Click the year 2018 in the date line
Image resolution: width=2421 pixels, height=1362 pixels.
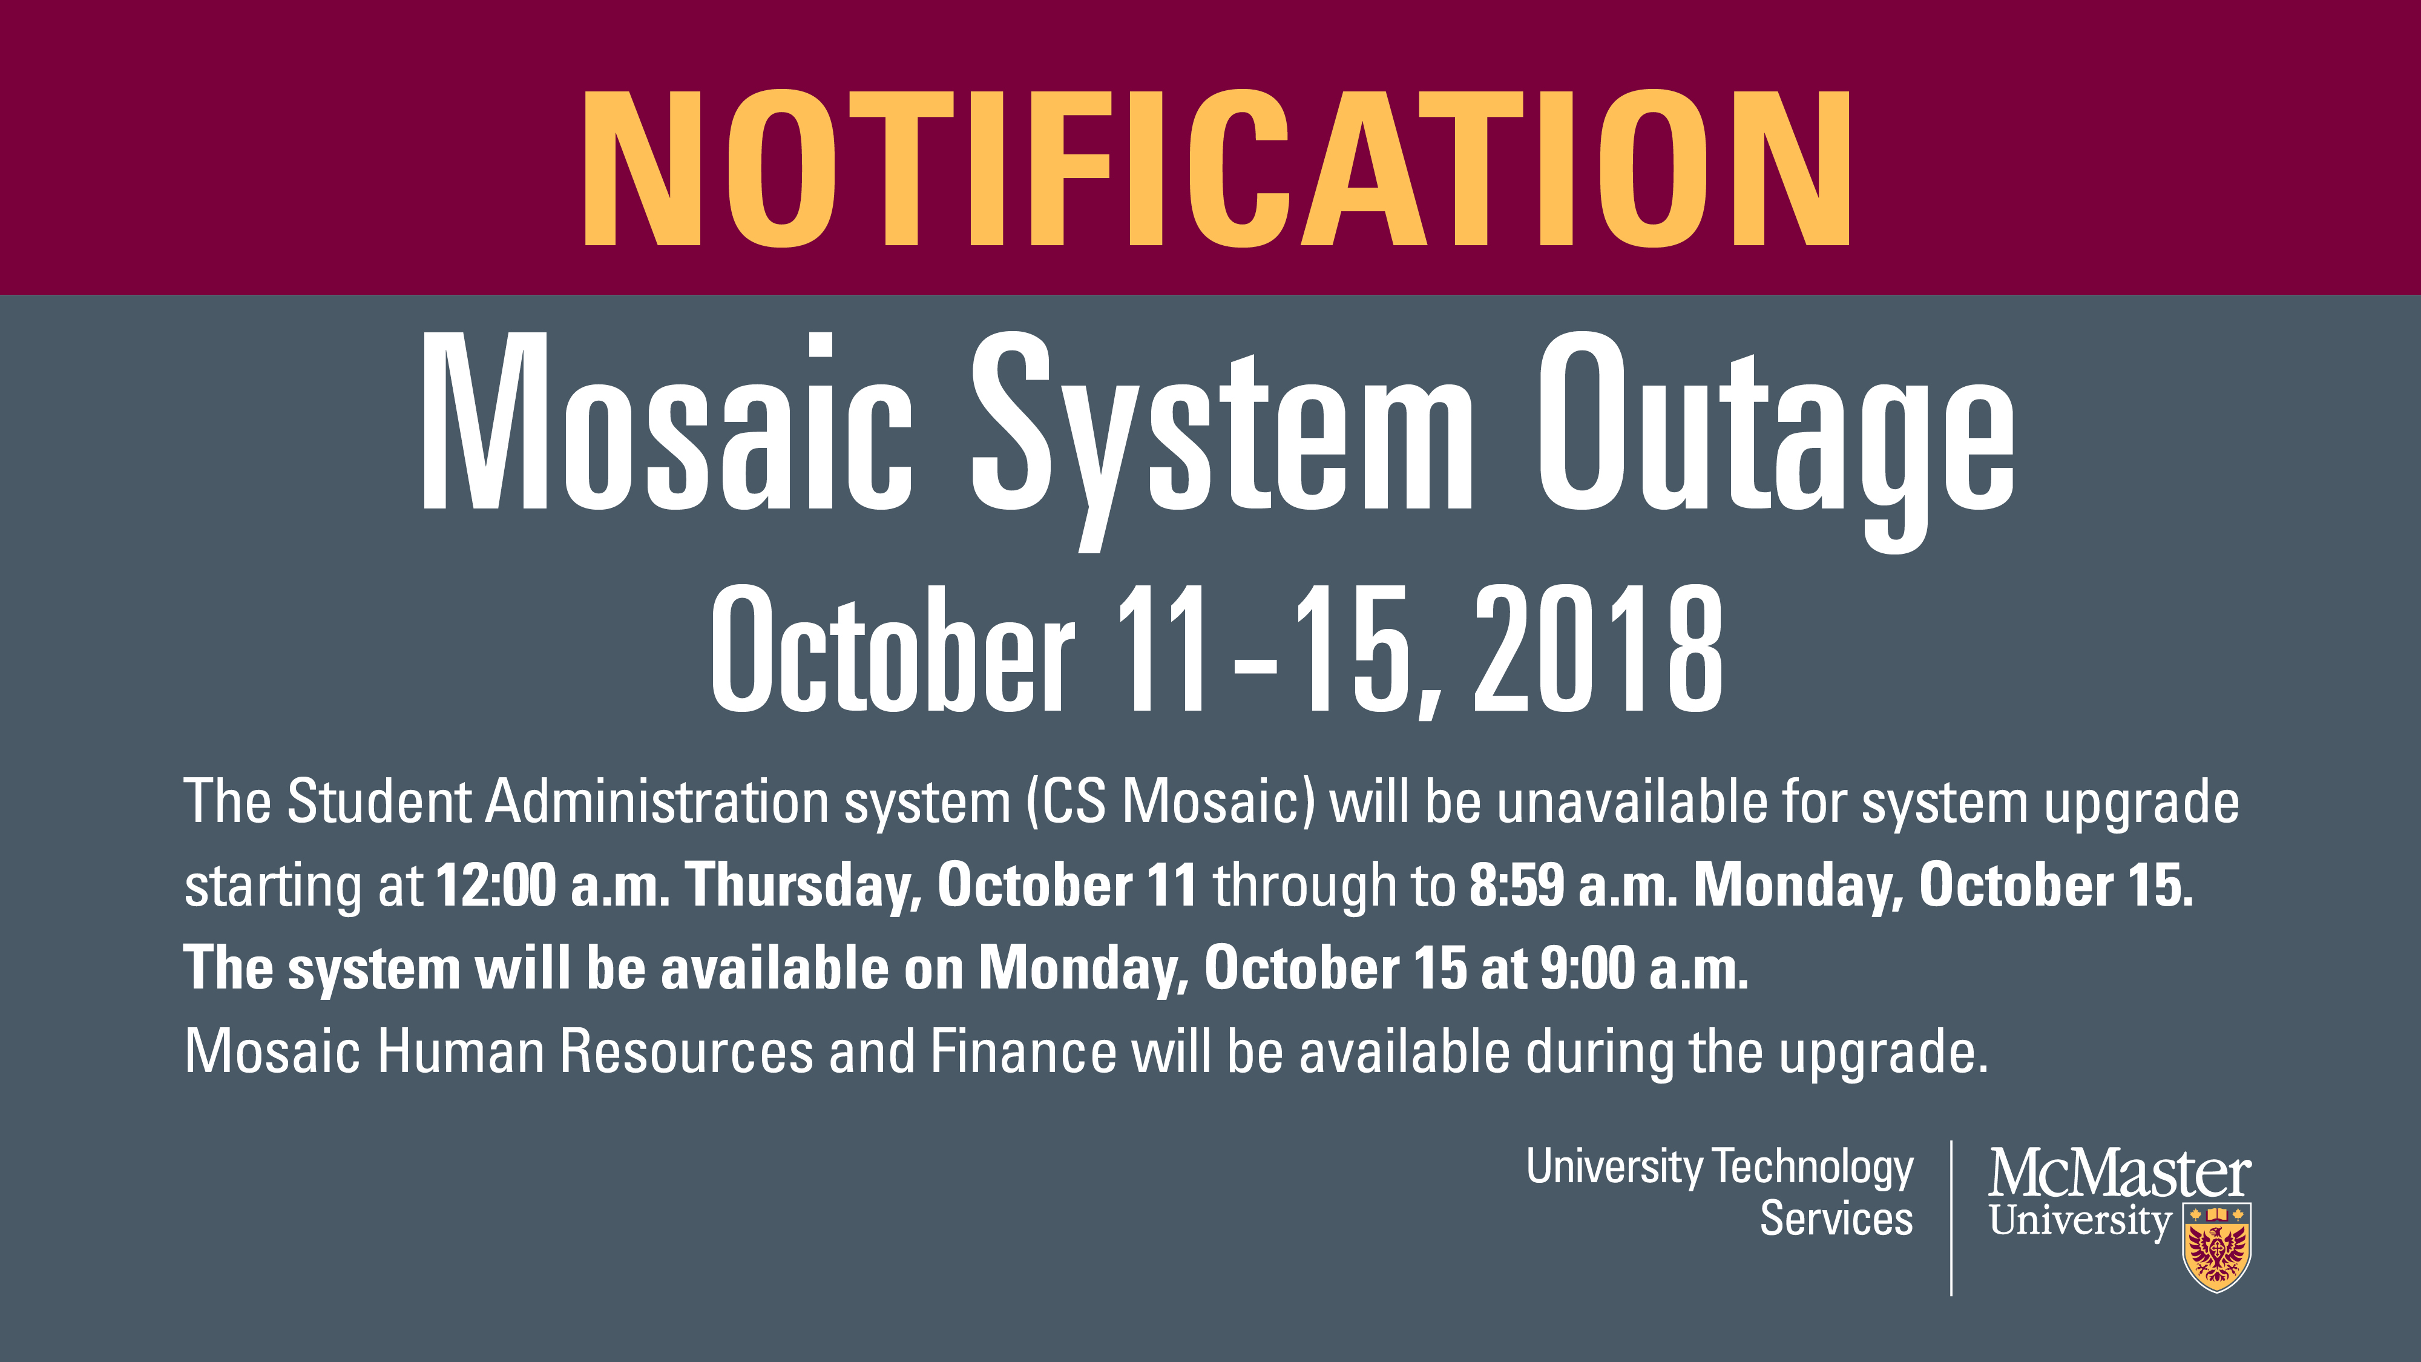pyautogui.click(x=1598, y=648)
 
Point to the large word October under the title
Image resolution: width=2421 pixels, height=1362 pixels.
pyautogui.click(x=892, y=648)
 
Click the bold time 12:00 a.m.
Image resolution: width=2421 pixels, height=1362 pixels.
pyautogui.click(x=553, y=886)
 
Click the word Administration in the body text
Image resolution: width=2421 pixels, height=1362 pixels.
pyautogui.click(x=657, y=802)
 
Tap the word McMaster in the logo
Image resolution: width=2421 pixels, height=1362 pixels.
pyautogui.click(x=2120, y=1173)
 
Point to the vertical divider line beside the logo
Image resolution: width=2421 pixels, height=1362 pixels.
pyautogui.click(x=1951, y=1218)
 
